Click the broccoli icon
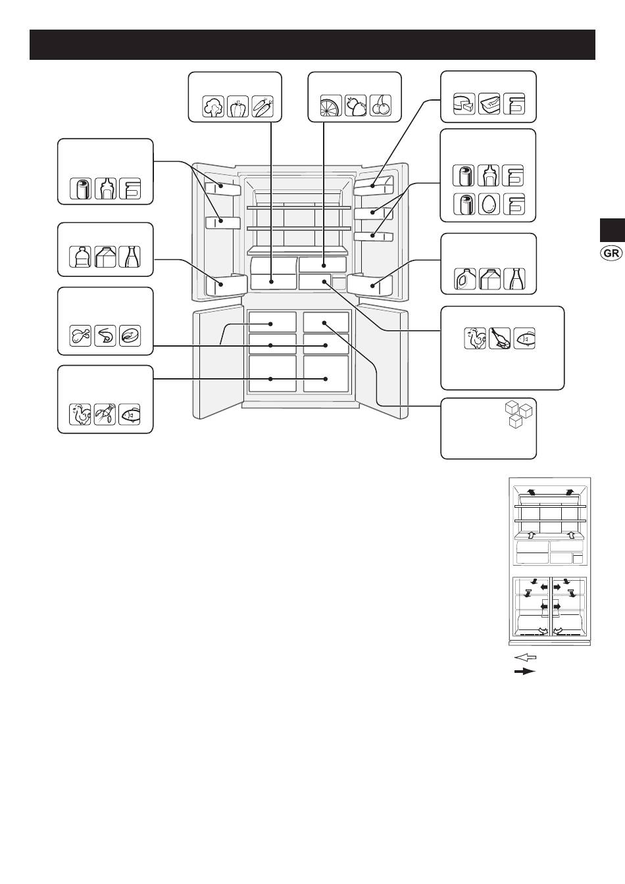(x=213, y=106)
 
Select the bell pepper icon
(x=238, y=106)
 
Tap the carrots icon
(x=262, y=106)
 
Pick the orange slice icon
(x=331, y=105)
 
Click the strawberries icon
(x=355, y=105)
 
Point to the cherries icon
(x=380, y=105)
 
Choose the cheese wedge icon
(x=464, y=104)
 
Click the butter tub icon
(x=489, y=104)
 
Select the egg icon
(x=489, y=204)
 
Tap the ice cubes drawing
(x=519, y=414)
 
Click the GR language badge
(x=611, y=253)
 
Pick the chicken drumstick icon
(x=80, y=336)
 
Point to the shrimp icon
(x=105, y=336)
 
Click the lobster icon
(x=105, y=414)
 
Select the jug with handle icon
(x=464, y=279)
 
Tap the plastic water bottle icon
(x=80, y=257)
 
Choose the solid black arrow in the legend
(x=526, y=672)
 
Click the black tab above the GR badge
(x=612, y=230)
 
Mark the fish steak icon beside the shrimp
(x=130, y=336)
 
